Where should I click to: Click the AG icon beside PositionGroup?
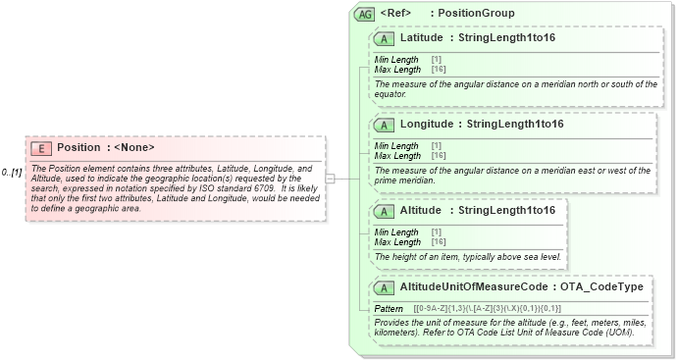click(x=365, y=14)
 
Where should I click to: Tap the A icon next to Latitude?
click(x=384, y=38)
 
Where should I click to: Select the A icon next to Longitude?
click(x=384, y=125)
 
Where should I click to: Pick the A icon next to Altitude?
click(x=384, y=210)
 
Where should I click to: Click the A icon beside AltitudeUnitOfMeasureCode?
click(x=384, y=286)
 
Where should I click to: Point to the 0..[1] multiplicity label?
click(x=12, y=173)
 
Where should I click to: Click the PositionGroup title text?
click(x=476, y=14)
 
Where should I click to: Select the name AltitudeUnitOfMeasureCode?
click(x=473, y=286)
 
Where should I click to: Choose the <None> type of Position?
click(x=134, y=147)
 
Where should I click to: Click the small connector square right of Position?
click(x=331, y=179)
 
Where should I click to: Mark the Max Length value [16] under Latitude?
click(x=439, y=70)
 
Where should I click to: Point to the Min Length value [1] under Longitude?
click(x=436, y=146)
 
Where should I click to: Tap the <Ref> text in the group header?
click(x=395, y=14)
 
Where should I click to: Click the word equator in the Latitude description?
click(x=390, y=95)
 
